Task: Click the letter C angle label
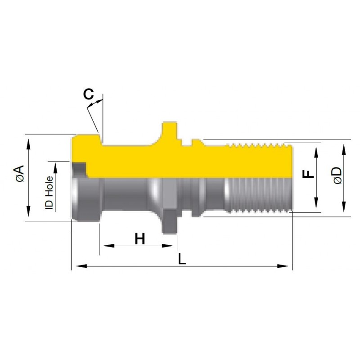pyautogui.click(x=88, y=94)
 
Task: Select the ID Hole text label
pyautogui.click(x=49, y=193)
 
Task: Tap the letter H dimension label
pyautogui.click(x=140, y=238)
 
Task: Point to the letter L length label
pyautogui.click(x=182, y=259)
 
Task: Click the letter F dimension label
pyautogui.click(x=308, y=174)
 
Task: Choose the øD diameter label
pyautogui.click(x=337, y=175)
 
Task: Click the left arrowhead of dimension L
pyautogui.click(x=81, y=266)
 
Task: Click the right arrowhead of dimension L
pyautogui.click(x=283, y=266)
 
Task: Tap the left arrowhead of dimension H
pyautogui.click(x=108, y=246)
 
